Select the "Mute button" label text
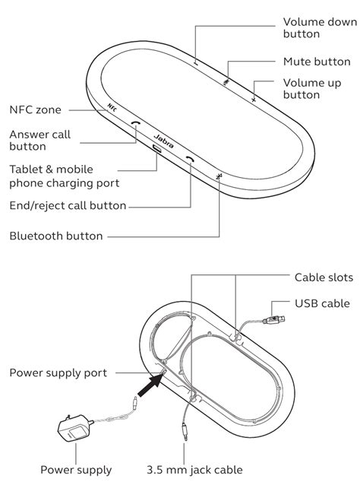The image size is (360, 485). (x=316, y=61)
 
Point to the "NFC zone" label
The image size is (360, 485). (x=35, y=109)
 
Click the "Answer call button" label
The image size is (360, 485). (x=39, y=141)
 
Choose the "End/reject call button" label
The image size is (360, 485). (x=68, y=205)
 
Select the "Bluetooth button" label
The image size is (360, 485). (x=57, y=236)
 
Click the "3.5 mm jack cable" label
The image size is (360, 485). (x=192, y=470)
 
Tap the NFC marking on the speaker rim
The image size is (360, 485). (x=112, y=109)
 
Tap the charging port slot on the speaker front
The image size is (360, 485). (x=156, y=149)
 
